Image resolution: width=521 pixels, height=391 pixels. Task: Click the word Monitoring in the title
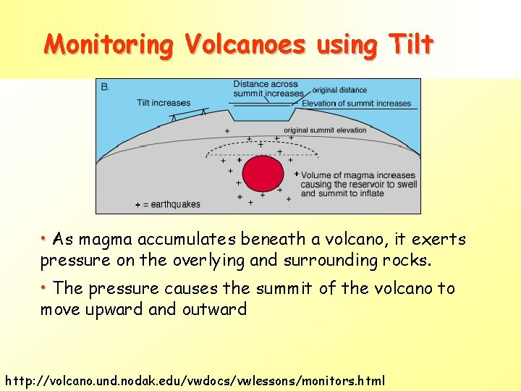[109, 45]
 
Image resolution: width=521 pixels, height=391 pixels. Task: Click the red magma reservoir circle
[262, 175]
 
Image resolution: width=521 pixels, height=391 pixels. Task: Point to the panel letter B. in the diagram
[106, 87]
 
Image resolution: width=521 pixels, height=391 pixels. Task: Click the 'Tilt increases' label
[164, 103]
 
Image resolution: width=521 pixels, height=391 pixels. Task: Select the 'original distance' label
[339, 91]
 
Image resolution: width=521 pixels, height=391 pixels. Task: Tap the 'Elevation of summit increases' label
[356, 104]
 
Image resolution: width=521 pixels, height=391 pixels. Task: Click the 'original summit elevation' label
[325, 130]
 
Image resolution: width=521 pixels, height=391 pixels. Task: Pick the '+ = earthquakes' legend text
[167, 204]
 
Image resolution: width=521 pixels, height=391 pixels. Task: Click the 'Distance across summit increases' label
[268, 89]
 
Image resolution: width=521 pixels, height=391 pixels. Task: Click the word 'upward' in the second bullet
[119, 310]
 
